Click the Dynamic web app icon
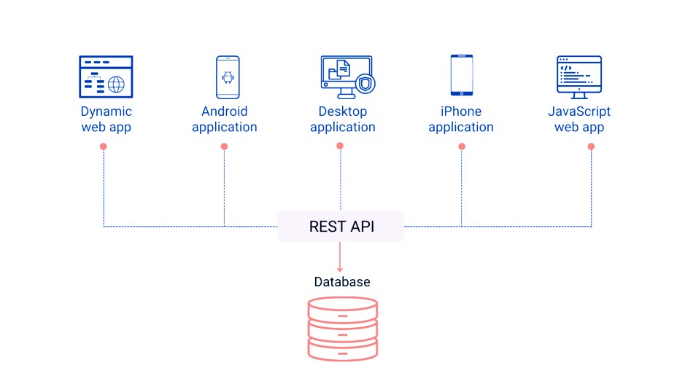pos(106,77)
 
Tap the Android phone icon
pos(228,77)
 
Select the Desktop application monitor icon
pos(346,76)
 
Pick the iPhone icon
pos(461,75)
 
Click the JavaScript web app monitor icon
pos(578,76)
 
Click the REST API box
pos(341,227)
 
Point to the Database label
pos(342,282)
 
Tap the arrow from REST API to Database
pos(340,257)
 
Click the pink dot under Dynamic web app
pos(104,146)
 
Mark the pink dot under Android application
pos(224,146)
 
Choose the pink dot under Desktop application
pos(340,146)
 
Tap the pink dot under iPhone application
pos(462,146)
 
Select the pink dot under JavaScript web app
pos(591,146)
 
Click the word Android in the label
pos(225,111)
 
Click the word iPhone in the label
pos(461,111)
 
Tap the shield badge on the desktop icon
pos(365,83)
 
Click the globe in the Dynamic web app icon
pos(117,85)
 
